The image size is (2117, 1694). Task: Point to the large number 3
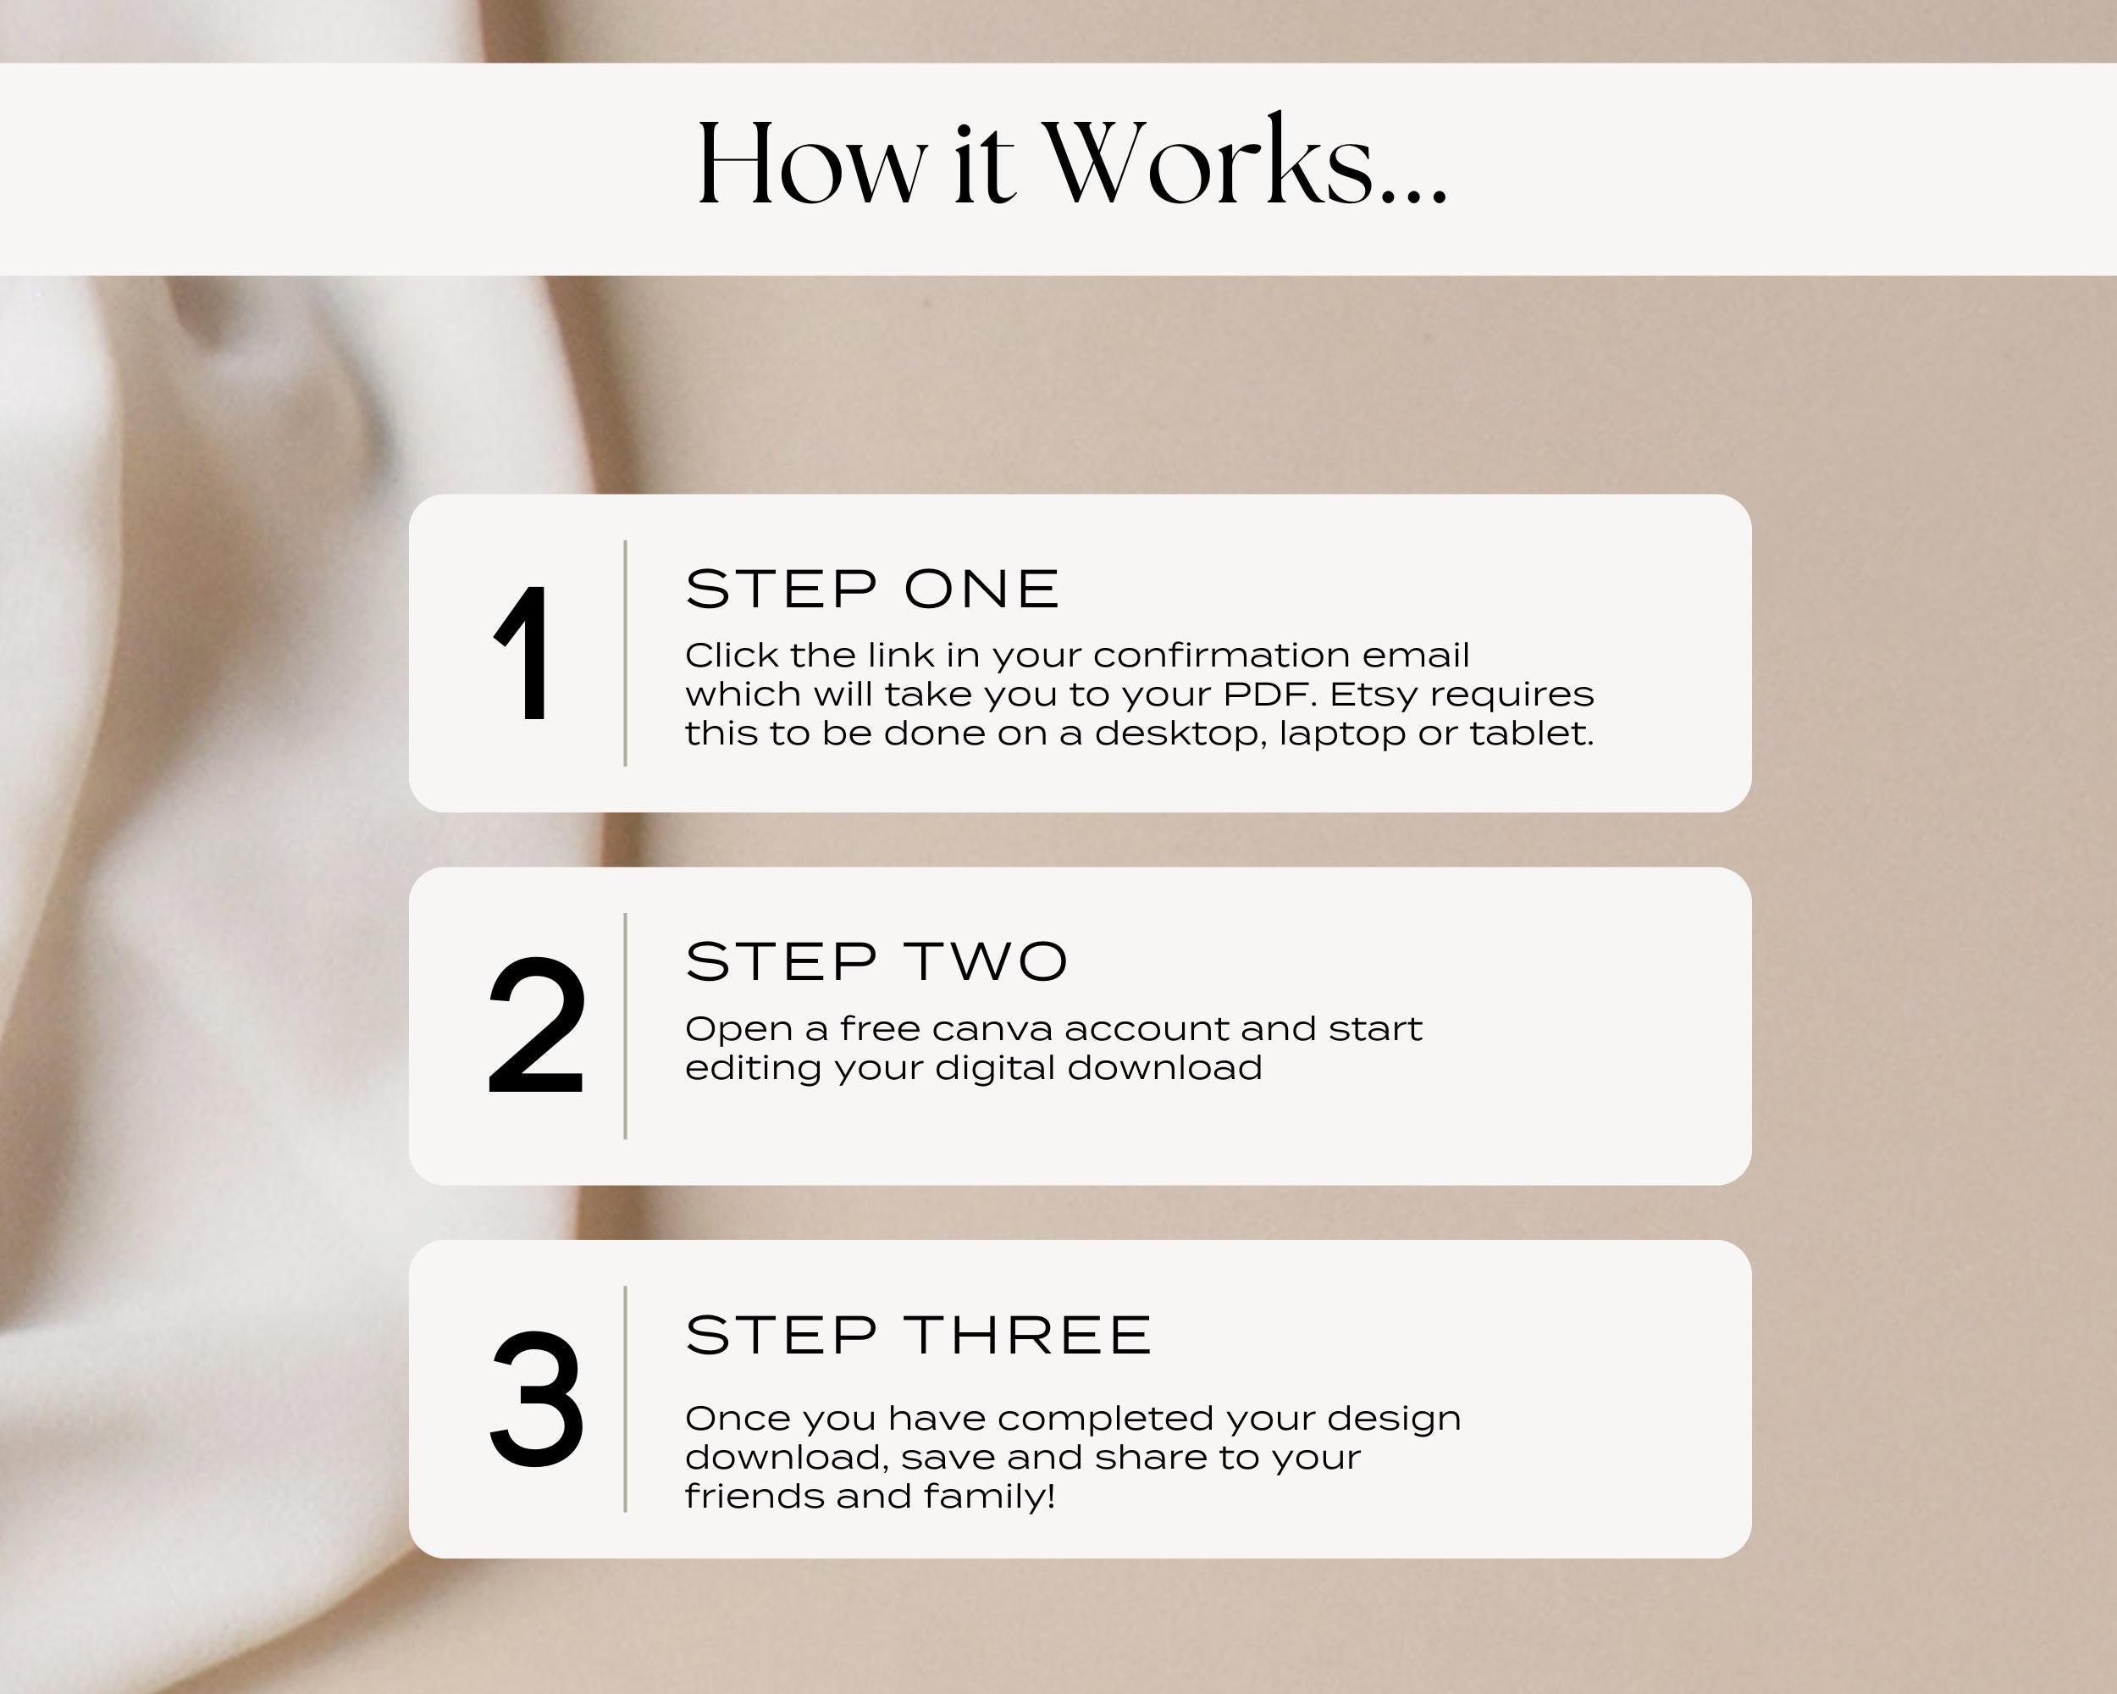pos(536,1399)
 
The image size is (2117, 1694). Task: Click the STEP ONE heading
pos(872,590)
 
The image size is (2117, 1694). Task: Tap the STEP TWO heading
pos(876,962)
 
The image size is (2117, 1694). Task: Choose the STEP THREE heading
pos(918,1336)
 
